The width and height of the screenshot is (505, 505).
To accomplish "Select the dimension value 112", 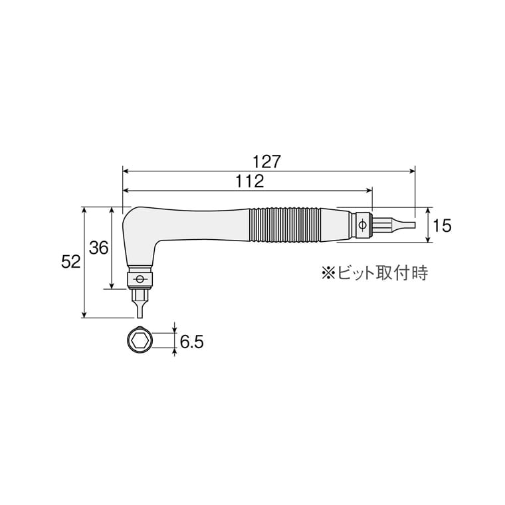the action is pos(250,181).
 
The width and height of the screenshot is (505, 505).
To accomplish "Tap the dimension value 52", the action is pos(70,262).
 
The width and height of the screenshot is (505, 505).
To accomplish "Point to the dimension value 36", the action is pos(98,248).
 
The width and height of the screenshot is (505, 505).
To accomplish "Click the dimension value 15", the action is pos(442,225).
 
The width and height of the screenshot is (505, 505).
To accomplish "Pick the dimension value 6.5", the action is pos(191,342).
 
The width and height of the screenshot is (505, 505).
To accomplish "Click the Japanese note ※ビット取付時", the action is pos(375,273).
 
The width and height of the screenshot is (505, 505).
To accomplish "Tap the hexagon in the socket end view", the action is pos(139,341).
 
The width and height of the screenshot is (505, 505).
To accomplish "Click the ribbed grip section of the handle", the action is pos(285,225).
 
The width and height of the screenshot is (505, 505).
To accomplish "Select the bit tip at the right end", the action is pos(403,225).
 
